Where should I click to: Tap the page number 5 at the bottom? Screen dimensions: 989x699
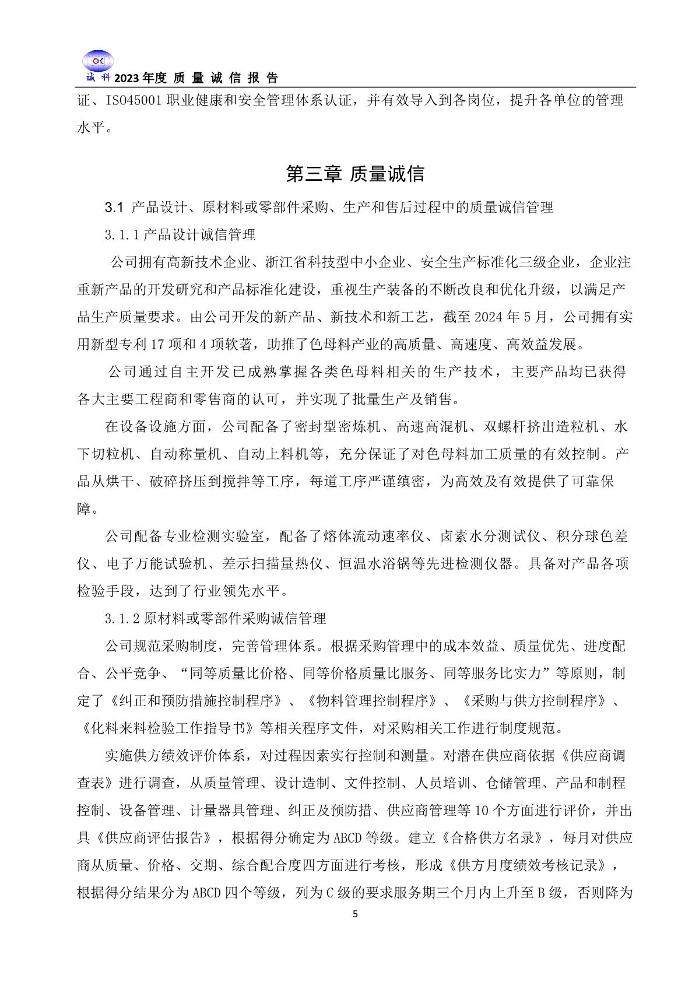[x=356, y=914]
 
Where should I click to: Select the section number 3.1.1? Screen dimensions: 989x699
[x=121, y=235]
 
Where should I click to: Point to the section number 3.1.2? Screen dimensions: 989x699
[x=121, y=618]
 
